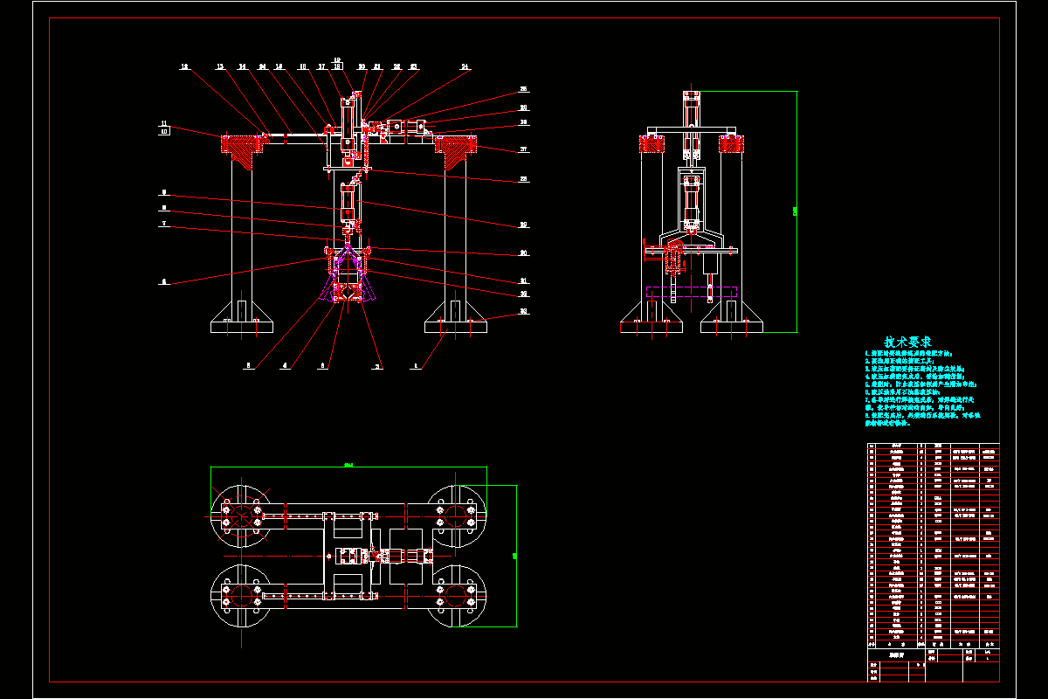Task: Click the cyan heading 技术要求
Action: pos(907,342)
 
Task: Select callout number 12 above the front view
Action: pos(185,66)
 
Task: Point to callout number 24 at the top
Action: pos(465,66)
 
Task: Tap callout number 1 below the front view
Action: pos(416,367)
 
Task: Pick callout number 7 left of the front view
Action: pos(162,224)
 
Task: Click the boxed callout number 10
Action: pos(163,132)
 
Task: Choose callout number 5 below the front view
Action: pos(249,367)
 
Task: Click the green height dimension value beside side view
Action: pos(794,211)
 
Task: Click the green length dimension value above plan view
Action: pos(348,465)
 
